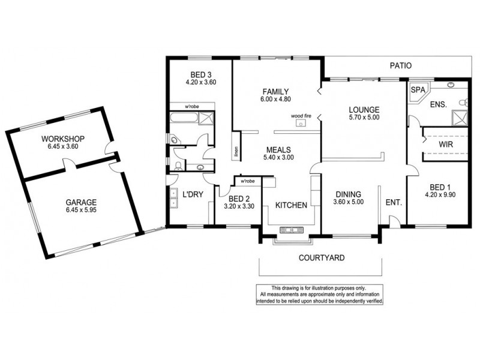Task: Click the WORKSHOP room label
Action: click(x=63, y=139)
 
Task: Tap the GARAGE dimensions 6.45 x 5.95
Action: click(x=81, y=211)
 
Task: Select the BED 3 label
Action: click(x=200, y=75)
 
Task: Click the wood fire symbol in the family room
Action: click(x=301, y=124)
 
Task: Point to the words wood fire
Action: click(x=301, y=115)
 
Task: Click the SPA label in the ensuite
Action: click(x=417, y=90)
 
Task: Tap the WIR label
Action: click(x=445, y=145)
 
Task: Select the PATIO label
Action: click(x=399, y=66)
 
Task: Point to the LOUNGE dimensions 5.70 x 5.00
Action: click(x=364, y=118)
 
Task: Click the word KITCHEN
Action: click(x=291, y=205)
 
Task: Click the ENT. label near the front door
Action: click(x=394, y=203)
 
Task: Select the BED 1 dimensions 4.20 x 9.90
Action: click(x=439, y=194)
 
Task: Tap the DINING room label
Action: click(x=348, y=194)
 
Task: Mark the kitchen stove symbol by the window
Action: click(x=293, y=229)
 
